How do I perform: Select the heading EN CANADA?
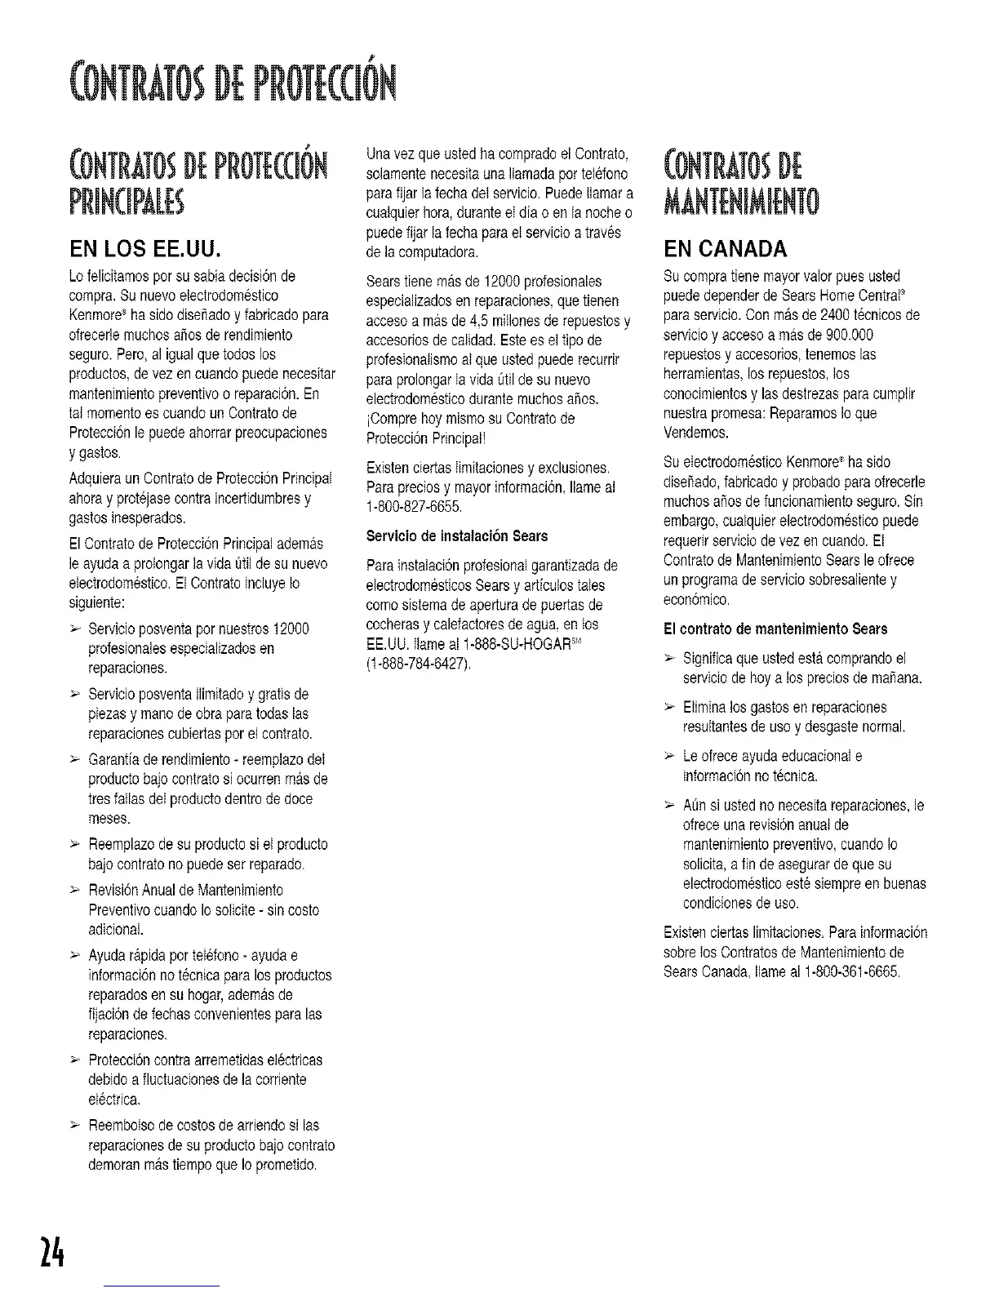click(x=726, y=247)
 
